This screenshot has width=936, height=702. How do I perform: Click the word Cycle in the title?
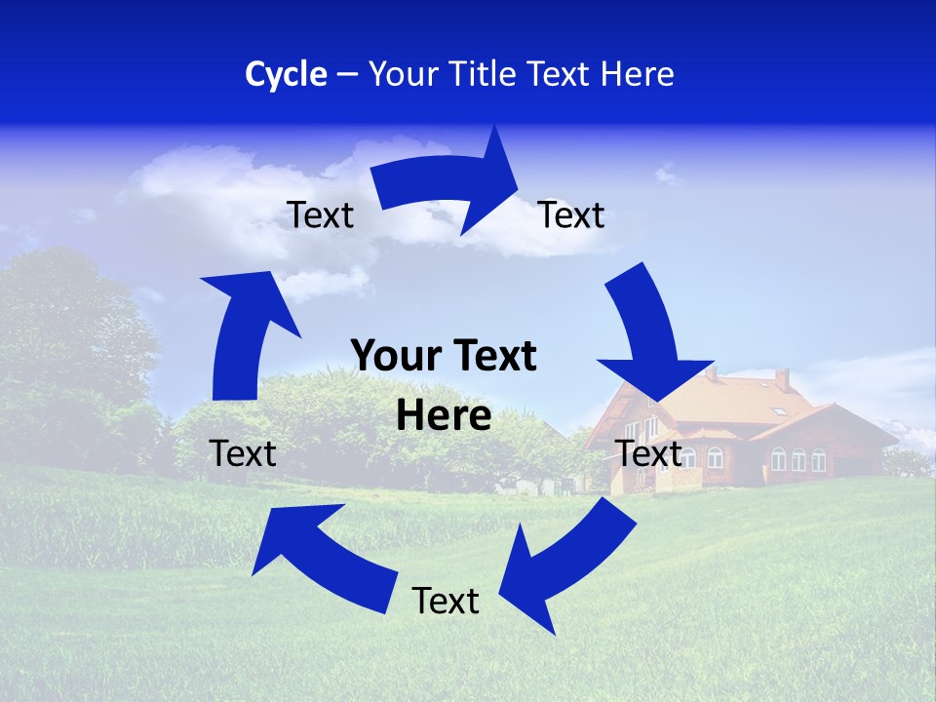click(286, 74)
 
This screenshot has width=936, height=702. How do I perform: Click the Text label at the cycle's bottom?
click(446, 602)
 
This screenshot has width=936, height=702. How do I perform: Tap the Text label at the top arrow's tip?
click(571, 215)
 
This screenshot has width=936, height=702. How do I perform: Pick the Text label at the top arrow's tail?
click(321, 215)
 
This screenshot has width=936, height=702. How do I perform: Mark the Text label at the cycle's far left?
click(243, 453)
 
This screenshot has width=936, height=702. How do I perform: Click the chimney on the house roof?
click(782, 379)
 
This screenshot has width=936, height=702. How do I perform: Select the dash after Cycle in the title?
click(348, 75)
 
